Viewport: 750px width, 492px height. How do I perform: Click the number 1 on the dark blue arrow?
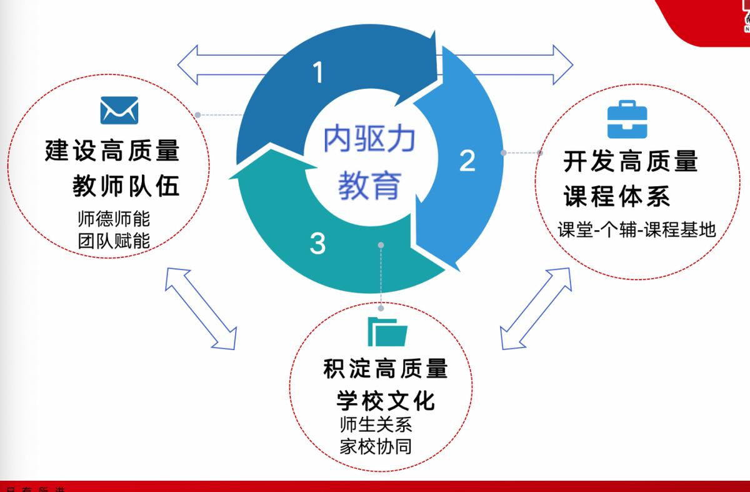click(319, 73)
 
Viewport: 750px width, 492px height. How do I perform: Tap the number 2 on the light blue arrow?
click(467, 160)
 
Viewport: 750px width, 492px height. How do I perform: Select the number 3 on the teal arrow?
click(317, 243)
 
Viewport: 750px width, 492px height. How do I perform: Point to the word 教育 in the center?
click(369, 185)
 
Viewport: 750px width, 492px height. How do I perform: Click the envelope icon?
click(119, 110)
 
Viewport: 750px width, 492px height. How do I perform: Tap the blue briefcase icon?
click(627, 119)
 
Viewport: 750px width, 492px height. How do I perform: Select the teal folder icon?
click(387, 331)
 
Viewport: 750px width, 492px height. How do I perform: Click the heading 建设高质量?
click(112, 151)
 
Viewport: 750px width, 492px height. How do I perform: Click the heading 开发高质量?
click(630, 162)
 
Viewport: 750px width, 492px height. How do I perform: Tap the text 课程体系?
click(617, 196)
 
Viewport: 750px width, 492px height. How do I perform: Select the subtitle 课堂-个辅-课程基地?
click(636, 230)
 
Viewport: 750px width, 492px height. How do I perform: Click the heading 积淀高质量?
click(386, 369)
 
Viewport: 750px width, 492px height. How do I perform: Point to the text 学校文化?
click(386, 400)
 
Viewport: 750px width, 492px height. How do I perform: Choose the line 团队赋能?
click(114, 241)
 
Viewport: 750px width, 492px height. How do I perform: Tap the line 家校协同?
click(376, 446)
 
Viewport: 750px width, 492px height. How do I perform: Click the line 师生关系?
click(376, 424)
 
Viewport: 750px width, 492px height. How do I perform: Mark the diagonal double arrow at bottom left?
click(201, 308)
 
